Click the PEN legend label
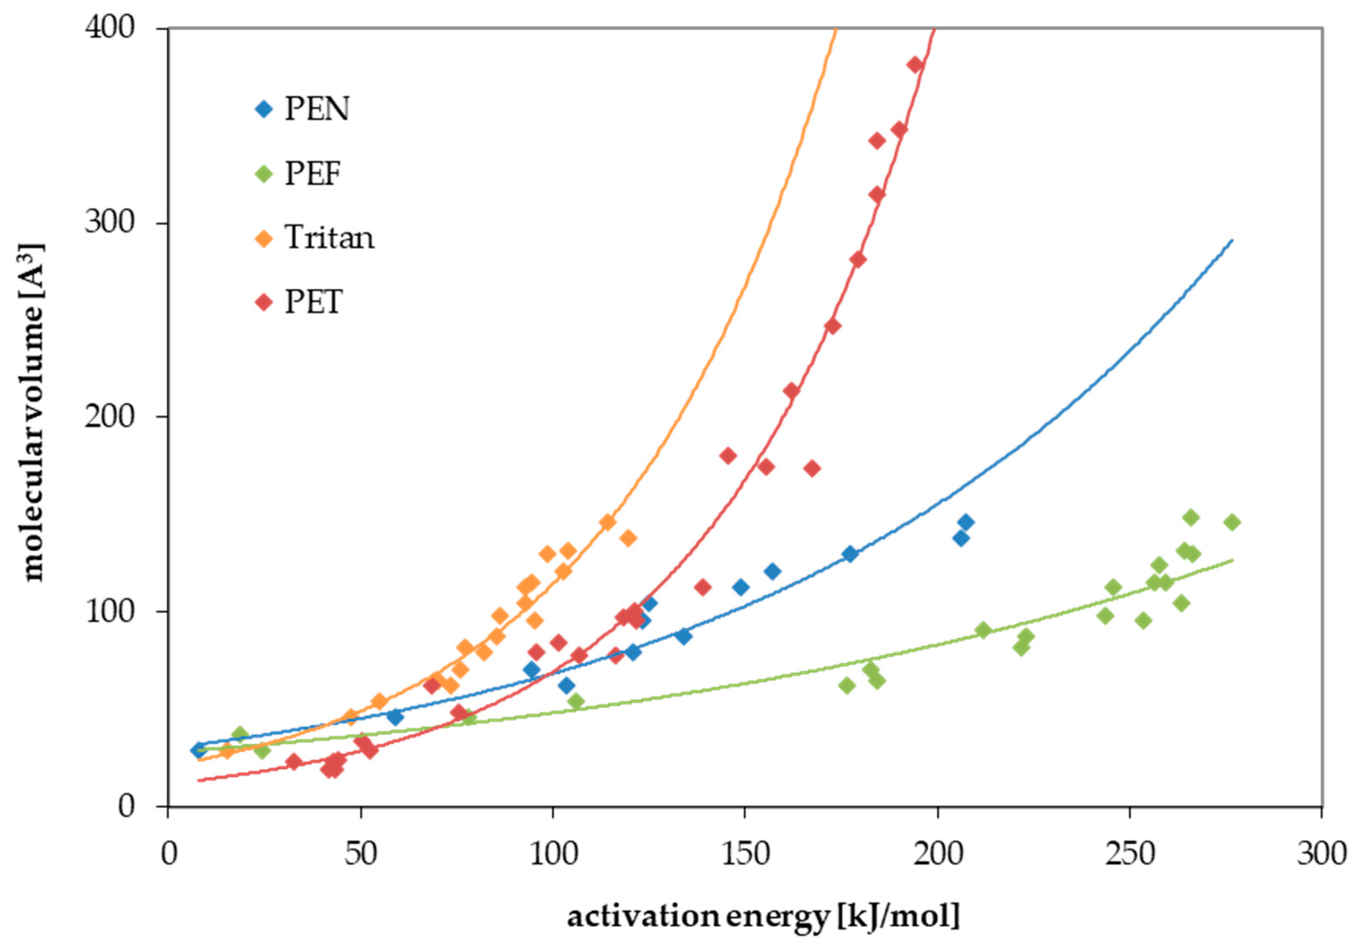coord(317,109)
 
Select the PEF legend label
coord(313,174)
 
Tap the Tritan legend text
coord(329,238)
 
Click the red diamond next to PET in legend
coord(265,303)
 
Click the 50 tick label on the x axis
coord(361,854)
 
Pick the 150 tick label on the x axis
coord(744,854)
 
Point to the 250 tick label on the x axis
coord(1129,854)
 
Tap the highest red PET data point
coord(915,65)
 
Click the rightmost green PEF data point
coord(1232,522)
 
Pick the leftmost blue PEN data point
coord(198,749)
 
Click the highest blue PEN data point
coord(966,522)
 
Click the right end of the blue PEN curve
coord(1232,241)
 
